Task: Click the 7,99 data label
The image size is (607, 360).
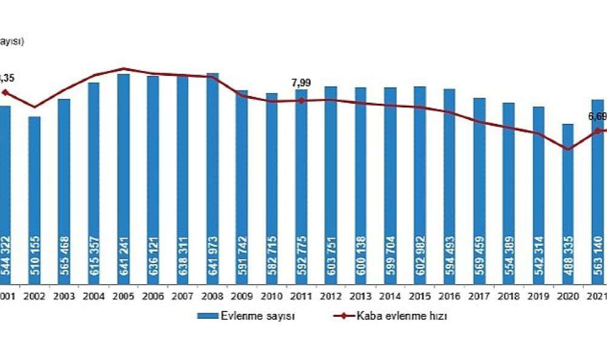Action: (x=301, y=83)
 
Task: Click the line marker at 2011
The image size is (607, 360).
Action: (x=301, y=100)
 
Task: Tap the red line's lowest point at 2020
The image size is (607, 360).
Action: (x=568, y=149)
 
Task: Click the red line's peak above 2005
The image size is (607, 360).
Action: (x=123, y=69)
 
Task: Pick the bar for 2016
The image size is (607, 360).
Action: (x=449, y=182)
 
